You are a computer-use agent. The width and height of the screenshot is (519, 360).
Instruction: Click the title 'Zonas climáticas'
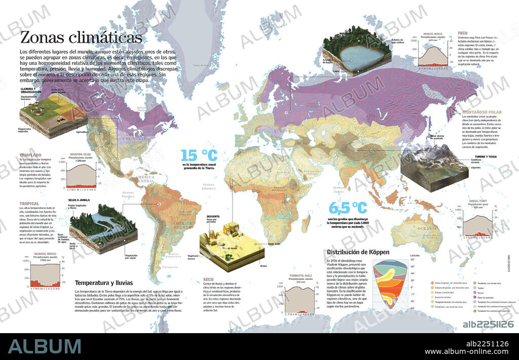click(81, 38)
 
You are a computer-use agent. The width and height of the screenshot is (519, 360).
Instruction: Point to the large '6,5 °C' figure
click(348, 208)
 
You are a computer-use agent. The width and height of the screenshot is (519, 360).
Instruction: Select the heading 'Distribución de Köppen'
click(358, 252)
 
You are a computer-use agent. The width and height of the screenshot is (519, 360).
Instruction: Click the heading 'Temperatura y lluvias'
click(103, 282)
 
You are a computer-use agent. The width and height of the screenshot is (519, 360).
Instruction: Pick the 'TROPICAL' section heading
click(29, 204)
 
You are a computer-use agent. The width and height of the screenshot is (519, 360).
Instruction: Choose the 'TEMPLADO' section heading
click(30, 155)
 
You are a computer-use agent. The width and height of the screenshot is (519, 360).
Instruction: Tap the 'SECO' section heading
click(208, 279)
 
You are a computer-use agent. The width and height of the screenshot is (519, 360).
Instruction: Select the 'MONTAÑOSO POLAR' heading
click(481, 112)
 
